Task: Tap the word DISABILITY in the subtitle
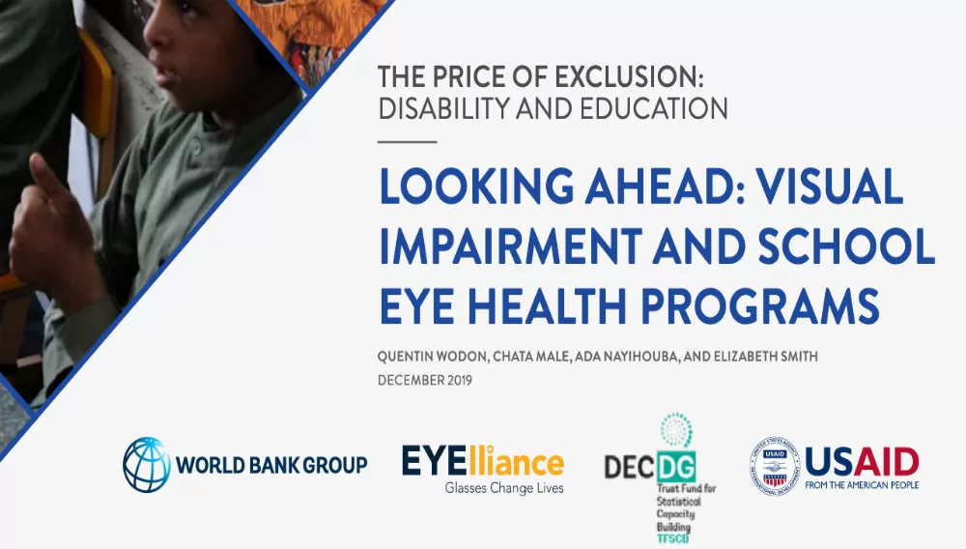click(444, 108)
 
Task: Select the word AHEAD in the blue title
click(666, 187)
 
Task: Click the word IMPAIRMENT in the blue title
click(511, 246)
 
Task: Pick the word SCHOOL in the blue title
click(846, 246)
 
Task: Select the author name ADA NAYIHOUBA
click(627, 357)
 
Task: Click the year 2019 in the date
click(460, 380)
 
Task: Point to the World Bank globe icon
click(147, 465)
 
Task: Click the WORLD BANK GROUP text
click(271, 465)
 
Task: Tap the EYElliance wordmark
click(483, 461)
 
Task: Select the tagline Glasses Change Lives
click(504, 489)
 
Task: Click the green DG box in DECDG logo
click(676, 467)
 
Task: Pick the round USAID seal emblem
click(775, 467)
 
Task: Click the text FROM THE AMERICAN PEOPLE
click(862, 485)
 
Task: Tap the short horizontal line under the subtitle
click(408, 142)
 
